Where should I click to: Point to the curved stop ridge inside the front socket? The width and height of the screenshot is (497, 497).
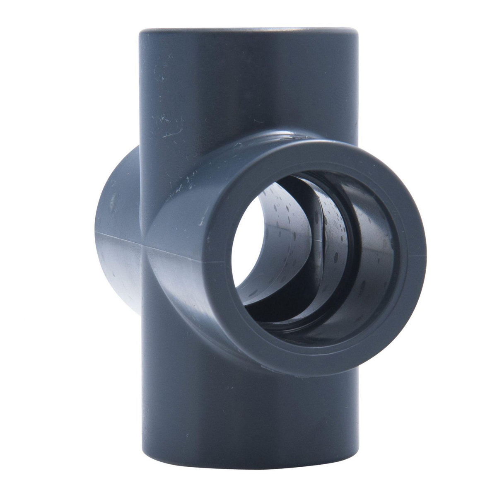327,232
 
